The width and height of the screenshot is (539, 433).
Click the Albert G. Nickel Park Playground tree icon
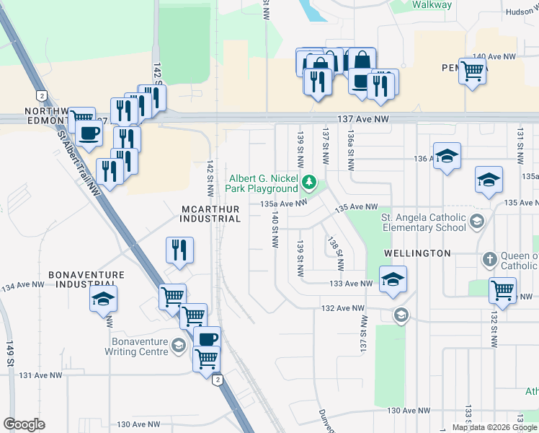click(309, 181)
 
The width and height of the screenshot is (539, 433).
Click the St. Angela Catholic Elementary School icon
click(476, 221)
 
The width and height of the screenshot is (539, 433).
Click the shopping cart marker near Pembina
click(472, 71)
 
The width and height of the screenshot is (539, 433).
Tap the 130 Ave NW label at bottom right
click(409, 410)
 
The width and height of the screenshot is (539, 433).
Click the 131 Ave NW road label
click(41, 375)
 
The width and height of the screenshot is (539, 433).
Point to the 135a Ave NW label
click(284, 204)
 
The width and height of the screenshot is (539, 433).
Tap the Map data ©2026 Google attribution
click(495, 427)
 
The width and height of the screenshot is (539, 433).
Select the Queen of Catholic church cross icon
click(489, 259)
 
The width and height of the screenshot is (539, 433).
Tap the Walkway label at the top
click(432, 5)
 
